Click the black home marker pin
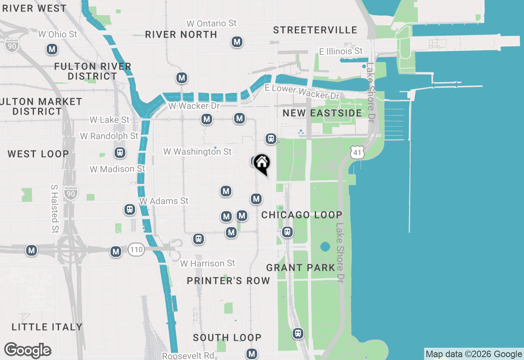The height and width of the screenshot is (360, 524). (262, 164)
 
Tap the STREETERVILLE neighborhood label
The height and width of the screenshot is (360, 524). (315, 30)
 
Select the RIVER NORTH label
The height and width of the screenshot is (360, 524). (181, 34)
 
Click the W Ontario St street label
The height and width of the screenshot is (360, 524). (211, 23)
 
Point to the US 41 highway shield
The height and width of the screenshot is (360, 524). (357, 153)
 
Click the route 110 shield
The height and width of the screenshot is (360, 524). (136, 249)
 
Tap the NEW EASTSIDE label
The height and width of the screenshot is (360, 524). (322, 113)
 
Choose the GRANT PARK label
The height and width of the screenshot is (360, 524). (300, 268)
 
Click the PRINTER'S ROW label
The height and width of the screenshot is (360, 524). (228, 280)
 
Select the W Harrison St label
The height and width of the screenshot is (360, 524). (208, 263)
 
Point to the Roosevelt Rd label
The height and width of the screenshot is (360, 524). (188, 355)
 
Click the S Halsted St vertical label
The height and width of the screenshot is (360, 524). (54, 209)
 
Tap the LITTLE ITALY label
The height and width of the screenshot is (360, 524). (47, 327)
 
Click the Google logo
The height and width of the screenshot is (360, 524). (27, 351)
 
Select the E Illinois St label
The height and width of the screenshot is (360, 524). (341, 51)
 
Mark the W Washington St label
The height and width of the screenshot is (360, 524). (197, 152)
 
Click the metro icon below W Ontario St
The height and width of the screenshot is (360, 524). (237, 42)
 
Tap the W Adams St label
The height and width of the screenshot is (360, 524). (164, 201)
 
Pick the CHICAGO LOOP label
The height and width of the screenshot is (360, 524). (301, 215)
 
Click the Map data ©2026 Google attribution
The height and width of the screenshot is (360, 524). (474, 354)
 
